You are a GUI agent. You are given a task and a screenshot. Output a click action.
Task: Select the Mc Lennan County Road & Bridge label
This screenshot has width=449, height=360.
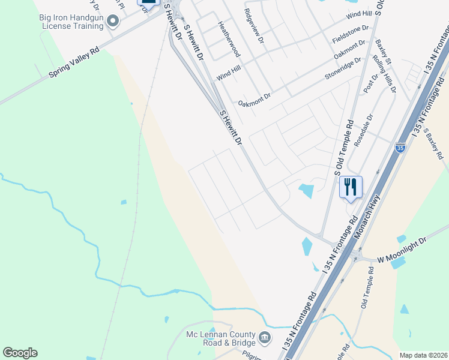click(220, 340)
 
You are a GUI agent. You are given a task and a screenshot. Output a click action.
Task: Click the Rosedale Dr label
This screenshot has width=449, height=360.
click(363, 127)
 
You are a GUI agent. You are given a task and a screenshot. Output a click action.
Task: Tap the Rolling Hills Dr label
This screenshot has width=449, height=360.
click(385, 73)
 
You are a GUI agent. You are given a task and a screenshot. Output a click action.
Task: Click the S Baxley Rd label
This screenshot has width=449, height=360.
click(433, 143)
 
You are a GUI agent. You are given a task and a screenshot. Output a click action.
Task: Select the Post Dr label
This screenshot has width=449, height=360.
click(367, 82)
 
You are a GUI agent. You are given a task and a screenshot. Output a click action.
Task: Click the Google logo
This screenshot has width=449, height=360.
click(20, 353)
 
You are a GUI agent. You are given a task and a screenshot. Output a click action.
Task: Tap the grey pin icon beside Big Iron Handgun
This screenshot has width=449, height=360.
click(112, 23)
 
